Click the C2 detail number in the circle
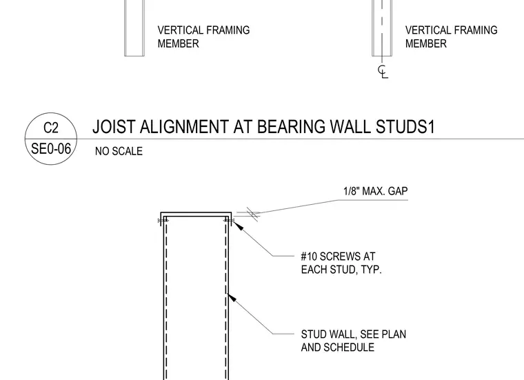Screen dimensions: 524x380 pos(51,128)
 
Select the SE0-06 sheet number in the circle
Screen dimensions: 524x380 pos(51,149)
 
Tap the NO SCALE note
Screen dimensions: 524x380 pos(119,151)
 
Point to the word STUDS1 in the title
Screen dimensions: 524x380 pos(405,127)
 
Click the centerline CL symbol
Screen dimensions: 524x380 pos(383,72)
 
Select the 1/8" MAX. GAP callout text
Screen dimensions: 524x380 pos(375,191)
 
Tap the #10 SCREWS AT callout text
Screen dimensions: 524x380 pos(338,257)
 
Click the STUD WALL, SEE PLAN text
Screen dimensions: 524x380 pos(353,334)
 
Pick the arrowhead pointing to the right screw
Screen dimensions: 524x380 pos(237,226)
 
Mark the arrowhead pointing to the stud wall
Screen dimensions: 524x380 pos(232,298)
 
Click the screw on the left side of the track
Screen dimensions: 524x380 pos(163,221)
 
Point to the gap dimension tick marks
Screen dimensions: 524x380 pos(252,214)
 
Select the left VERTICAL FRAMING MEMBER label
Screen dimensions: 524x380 pos(203,37)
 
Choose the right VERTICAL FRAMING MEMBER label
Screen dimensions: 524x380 pos(451,37)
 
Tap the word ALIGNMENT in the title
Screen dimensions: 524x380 pos(184,127)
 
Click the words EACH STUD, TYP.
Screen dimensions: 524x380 pos(341,270)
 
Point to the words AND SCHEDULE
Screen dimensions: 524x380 pos(338,348)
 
